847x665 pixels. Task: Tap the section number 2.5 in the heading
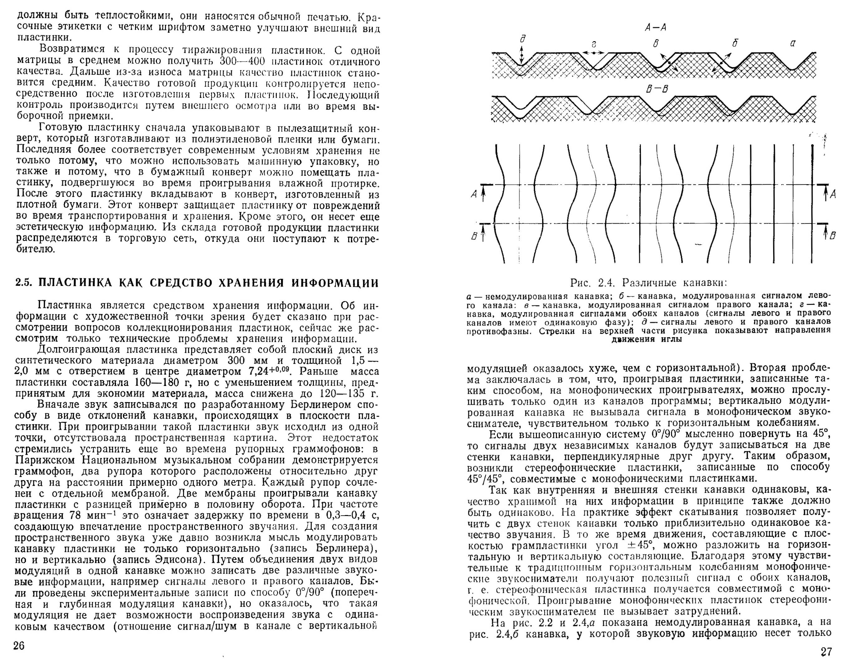coord(24,283)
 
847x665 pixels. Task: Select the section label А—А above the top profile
coord(656,27)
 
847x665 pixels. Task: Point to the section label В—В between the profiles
coord(657,89)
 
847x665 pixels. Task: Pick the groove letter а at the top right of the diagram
coord(792,43)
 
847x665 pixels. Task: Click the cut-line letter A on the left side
coord(474,194)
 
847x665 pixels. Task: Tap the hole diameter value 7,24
coord(260,371)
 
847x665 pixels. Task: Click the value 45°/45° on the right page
coord(485,478)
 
